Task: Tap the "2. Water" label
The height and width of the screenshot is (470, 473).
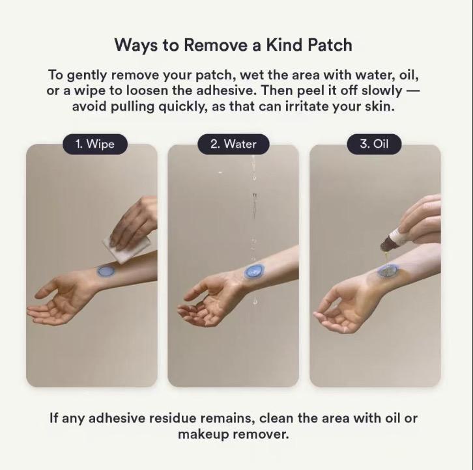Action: [233, 144]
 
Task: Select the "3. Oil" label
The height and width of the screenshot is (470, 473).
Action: [374, 144]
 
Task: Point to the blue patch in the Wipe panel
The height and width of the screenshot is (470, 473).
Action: [105, 271]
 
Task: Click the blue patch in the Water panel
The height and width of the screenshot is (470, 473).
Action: [253, 271]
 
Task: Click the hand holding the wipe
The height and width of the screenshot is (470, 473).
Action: [136, 221]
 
